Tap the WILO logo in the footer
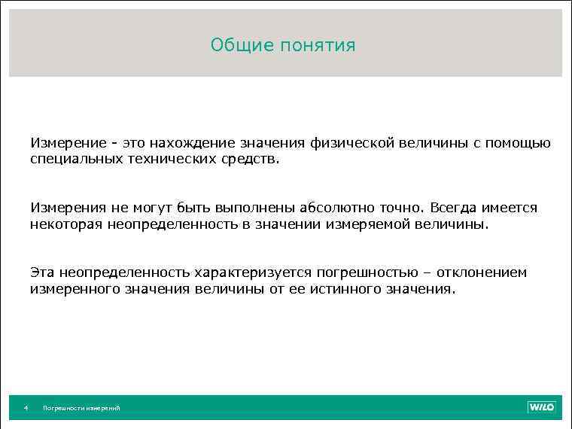(541, 407)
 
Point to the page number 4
(26, 408)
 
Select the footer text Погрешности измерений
(81, 408)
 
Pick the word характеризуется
(255, 272)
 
